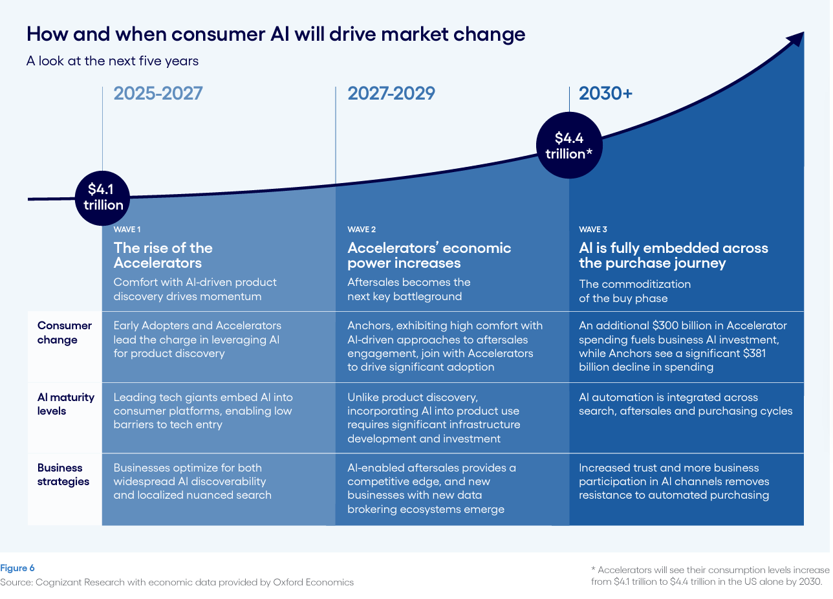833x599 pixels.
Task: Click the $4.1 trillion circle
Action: [103, 197]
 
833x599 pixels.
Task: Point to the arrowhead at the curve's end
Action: [796, 38]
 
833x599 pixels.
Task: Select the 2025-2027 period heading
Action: [158, 94]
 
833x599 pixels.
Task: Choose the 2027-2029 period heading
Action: [391, 94]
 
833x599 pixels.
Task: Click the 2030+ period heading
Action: [605, 94]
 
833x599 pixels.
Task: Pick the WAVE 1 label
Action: [127, 230]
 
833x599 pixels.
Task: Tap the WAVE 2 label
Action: [362, 230]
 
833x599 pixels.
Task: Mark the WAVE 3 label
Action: [593, 230]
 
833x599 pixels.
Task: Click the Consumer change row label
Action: [65, 332]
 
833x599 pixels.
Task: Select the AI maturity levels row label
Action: [65, 404]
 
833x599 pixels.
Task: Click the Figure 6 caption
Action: [17, 568]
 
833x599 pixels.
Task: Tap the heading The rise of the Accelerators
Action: [163, 256]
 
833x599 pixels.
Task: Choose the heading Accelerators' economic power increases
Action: [429, 256]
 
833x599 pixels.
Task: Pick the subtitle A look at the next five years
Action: [113, 61]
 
